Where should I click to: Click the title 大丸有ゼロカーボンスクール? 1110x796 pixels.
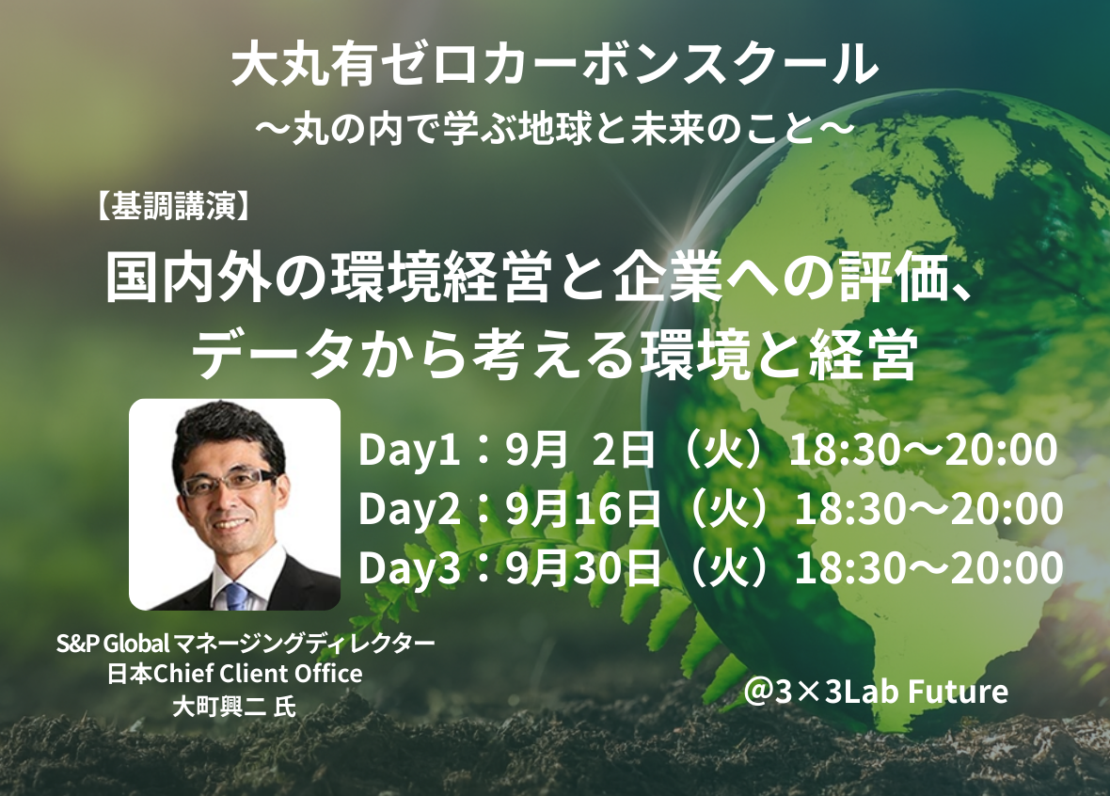click(x=555, y=65)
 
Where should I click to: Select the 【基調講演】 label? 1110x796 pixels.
click(x=172, y=208)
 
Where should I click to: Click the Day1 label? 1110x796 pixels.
click(x=409, y=451)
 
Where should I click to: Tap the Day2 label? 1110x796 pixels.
click(x=409, y=509)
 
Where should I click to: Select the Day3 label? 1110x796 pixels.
click(x=409, y=568)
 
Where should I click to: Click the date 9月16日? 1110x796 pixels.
click(x=582, y=508)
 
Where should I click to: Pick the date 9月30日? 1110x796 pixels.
click(x=582, y=568)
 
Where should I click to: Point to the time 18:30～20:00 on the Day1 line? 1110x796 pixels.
click(x=923, y=450)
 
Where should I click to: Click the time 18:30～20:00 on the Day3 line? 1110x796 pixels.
click(x=928, y=568)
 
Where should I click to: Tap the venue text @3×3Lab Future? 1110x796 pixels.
click(x=876, y=692)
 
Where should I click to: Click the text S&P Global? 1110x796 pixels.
click(x=113, y=643)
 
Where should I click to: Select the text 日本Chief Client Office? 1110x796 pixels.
click(x=234, y=673)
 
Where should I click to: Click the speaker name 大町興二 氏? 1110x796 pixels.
click(x=234, y=706)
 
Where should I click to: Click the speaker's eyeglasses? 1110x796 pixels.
click(x=229, y=484)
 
